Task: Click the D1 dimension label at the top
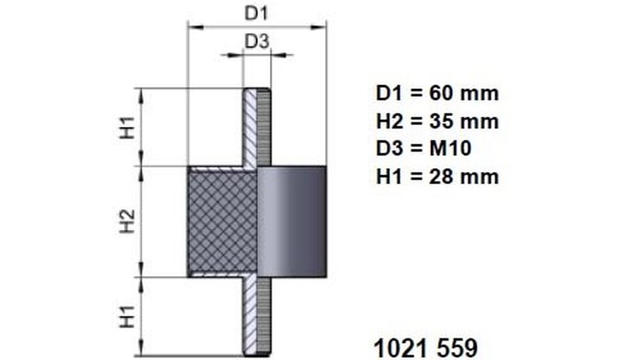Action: coord(256,13)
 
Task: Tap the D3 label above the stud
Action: coord(257,42)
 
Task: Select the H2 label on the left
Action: coord(128,221)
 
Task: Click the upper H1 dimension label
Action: coord(128,127)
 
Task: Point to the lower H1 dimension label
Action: coord(128,316)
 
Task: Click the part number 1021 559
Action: coord(426,348)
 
